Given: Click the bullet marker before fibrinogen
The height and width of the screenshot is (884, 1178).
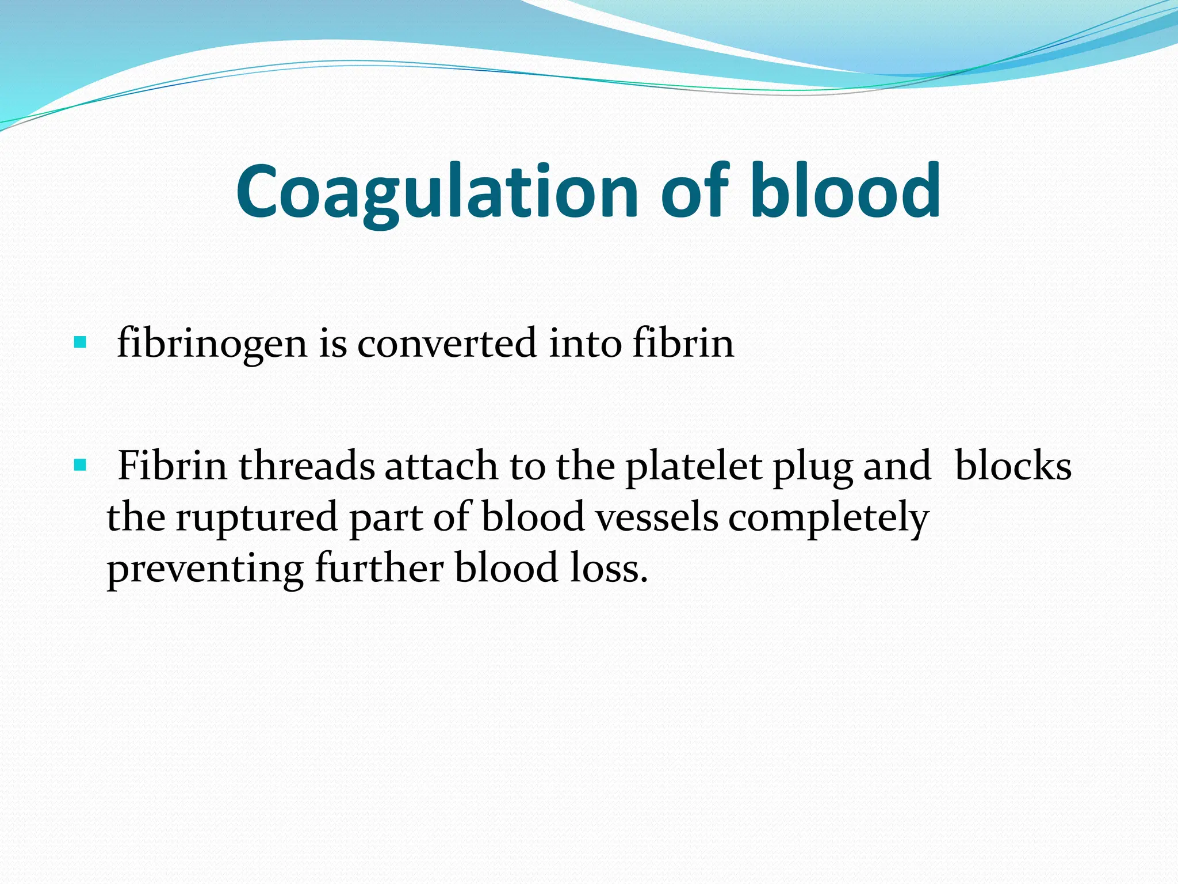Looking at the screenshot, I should pyautogui.click(x=80, y=344).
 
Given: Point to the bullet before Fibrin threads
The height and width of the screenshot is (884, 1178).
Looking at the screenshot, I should pyautogui.click(x=80, y=464).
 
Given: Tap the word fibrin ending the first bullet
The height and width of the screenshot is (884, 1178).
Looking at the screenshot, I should pyautogui.click(x=683, y=344).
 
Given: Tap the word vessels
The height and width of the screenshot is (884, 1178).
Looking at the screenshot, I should pyautogui.click(x=656, y=517).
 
